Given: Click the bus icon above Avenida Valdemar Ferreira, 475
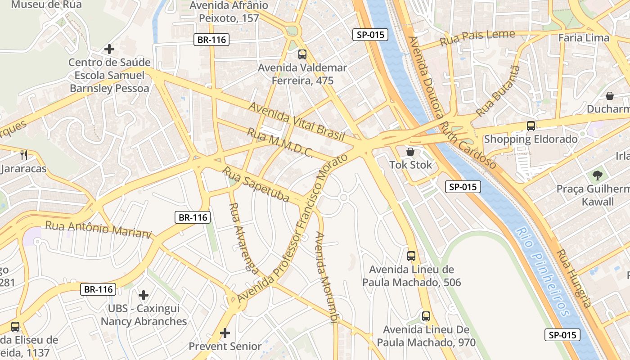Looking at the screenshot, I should tap(302, 54).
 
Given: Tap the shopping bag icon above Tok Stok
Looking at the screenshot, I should tap(410, 152).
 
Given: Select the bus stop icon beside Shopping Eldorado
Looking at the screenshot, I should tap(531, 126).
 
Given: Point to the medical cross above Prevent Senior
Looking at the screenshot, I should tap(225, 333).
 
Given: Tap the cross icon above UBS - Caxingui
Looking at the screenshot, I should tap(144, 295).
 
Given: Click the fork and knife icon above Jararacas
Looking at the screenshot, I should tap(24, 155).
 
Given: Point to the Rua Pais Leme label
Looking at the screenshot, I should tap(477, 38).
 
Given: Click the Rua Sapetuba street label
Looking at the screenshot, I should tap(256, 184).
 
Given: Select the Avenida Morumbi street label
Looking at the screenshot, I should tap(327, 277).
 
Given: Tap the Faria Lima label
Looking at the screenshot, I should tap(584, 38).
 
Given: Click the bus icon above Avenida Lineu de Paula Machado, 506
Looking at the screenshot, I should tap(411, 256).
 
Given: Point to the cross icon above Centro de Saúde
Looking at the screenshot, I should tap(109, 49).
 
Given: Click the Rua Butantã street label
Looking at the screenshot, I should tap(498, 91).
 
